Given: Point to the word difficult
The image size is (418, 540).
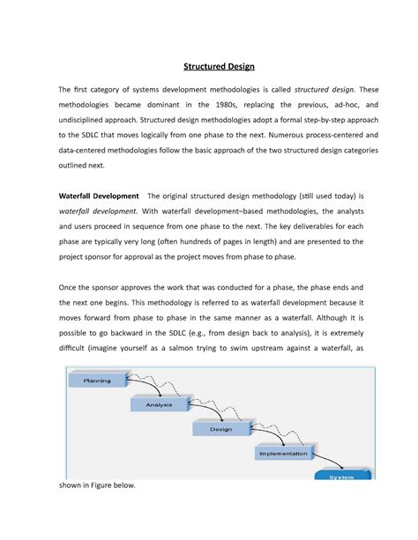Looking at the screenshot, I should pyautogui.click(x=76, y=348).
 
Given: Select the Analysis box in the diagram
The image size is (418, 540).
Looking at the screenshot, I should pyautogui.click(x=160, y=404).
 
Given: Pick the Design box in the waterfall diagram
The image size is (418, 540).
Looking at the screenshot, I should pyautogui.click(x=220, y=429).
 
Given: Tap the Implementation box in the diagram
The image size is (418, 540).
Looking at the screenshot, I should pyautogui.click(x=283, y=454).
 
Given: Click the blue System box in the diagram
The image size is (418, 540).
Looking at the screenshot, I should pyautogui.click(x=340, y=477).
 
